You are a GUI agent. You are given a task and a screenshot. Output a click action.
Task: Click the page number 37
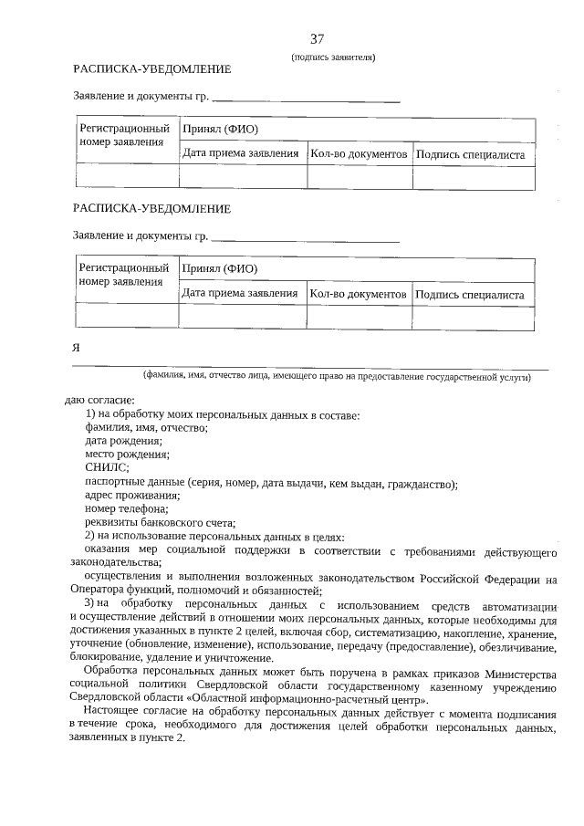coord(317,38)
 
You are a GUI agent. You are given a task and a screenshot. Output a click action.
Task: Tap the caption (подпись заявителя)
coord(333,57)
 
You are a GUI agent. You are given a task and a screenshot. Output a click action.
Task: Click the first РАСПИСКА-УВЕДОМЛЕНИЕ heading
coord(151,69)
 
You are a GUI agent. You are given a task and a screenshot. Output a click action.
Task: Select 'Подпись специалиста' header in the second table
coord(470,295)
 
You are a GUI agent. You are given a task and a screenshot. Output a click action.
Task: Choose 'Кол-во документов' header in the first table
coord(359,154)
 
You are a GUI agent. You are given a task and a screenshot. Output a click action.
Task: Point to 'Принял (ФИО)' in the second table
coord(219,269)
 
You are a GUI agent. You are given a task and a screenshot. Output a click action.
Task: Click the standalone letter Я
coord(77,349)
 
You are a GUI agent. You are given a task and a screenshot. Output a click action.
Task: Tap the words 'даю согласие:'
coord(99,399)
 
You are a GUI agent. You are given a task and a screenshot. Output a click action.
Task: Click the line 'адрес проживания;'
coord(131,495)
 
